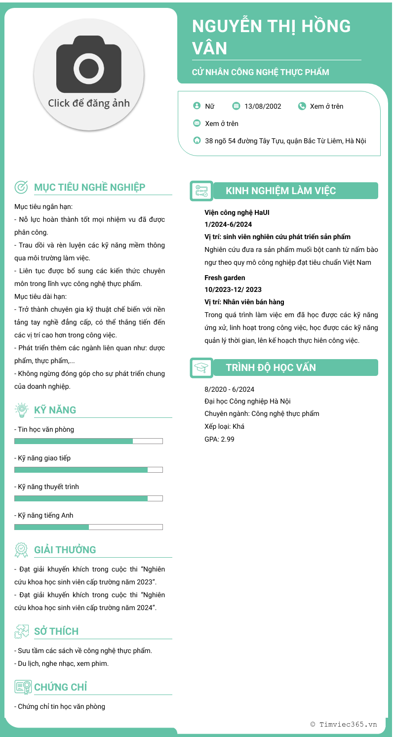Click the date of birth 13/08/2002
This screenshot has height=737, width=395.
263,106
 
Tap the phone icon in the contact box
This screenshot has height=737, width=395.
302,106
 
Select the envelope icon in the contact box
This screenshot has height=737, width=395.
197,123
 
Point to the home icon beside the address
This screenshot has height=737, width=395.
197,140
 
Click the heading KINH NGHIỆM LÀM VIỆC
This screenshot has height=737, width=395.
280,191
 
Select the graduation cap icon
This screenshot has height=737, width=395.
201,368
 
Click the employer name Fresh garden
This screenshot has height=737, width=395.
225,278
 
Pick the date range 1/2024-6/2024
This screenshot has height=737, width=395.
228,224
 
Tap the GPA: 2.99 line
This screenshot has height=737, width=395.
219,439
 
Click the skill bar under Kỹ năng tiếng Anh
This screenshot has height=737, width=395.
88,527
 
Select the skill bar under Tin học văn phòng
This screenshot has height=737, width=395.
88,441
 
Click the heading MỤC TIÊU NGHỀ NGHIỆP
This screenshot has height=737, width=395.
89,187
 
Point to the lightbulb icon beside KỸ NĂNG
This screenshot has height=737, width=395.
21,409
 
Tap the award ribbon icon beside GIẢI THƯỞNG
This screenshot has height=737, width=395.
21,549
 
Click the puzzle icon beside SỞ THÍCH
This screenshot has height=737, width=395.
21,631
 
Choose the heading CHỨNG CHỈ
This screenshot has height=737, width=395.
60,687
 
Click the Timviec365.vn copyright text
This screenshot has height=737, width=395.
344,724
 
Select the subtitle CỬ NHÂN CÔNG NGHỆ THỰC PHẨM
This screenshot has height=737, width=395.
260,72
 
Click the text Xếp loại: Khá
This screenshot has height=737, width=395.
224,426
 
